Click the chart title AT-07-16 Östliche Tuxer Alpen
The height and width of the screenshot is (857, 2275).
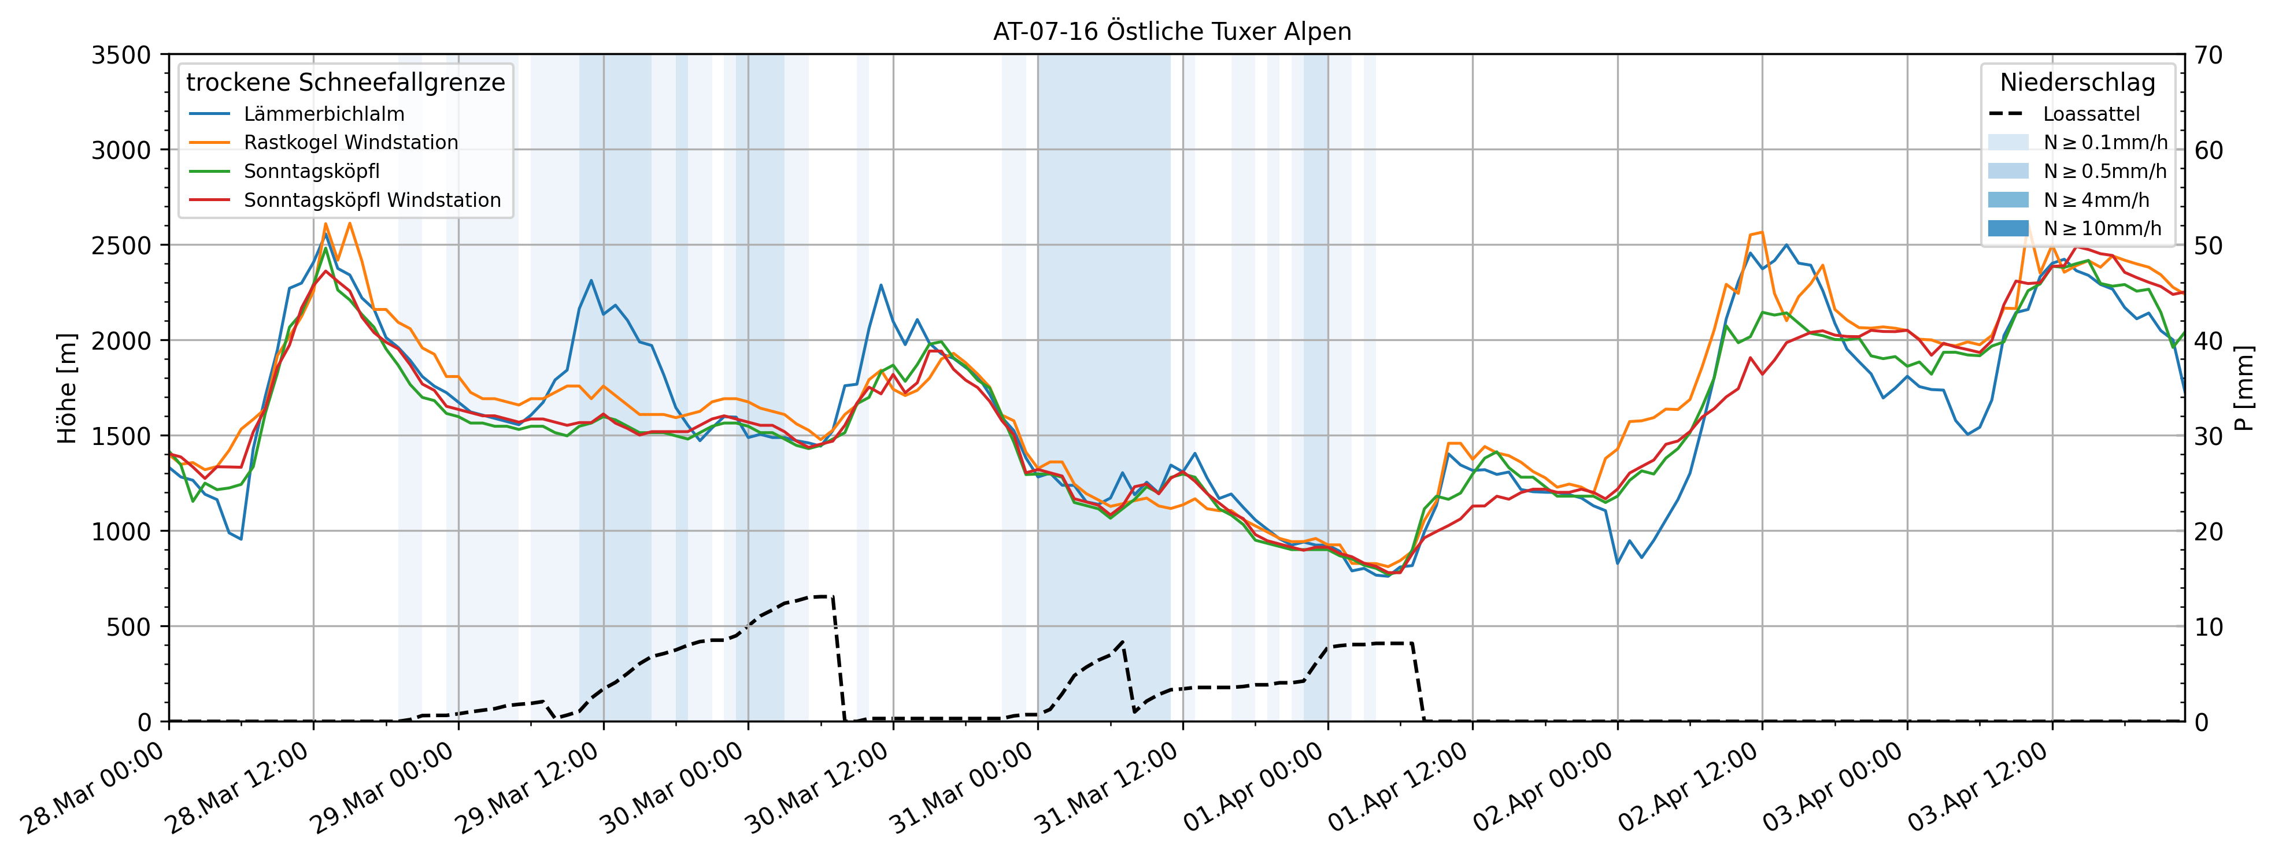1172,32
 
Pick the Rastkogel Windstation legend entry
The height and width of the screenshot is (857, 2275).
350,142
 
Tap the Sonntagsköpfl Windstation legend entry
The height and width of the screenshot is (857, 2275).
372,201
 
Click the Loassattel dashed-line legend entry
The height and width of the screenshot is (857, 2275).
2091,114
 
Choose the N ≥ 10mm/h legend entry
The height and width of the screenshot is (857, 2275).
2102,229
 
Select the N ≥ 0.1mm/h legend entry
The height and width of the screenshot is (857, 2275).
2104,143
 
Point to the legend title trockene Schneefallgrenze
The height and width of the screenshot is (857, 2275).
345,82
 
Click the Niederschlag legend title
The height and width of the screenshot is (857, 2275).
2077,82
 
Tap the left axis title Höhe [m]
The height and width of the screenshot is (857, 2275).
67,388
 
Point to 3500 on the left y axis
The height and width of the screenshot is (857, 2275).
121,55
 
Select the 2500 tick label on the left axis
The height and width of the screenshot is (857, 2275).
121,246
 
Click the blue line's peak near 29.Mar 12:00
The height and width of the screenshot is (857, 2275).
591,281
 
